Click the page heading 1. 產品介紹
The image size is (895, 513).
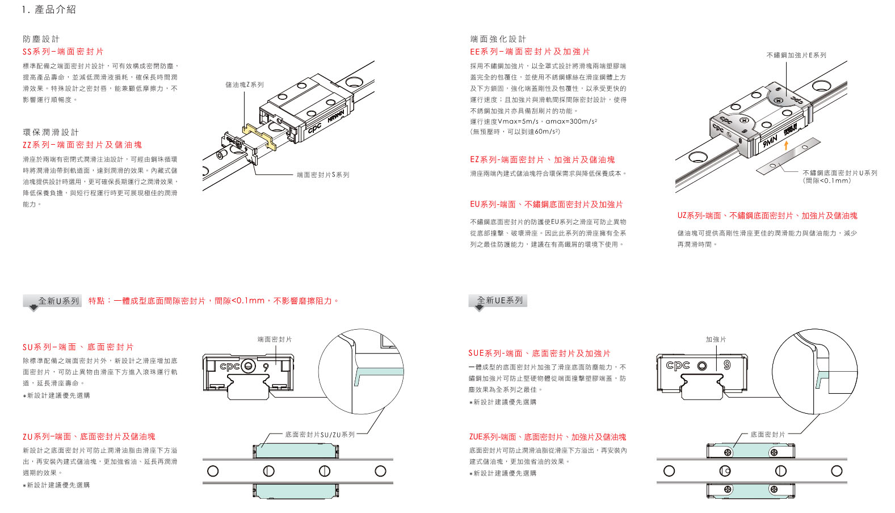pyautogui.click(x=49, y=10)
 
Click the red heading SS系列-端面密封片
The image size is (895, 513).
pyautogui.click(x=63, y=52)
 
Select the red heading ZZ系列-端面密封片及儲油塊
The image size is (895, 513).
pyautogui.click(x=82, y=145)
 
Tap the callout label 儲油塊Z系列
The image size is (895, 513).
pyautogui.click(x=245, y=85)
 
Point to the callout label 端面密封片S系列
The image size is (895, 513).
pyautogui.click(x=323, y=175)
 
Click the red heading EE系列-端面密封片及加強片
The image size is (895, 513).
pyautogui.click(x=530, y=52)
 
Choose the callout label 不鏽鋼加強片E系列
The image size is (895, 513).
pyautogui.click(x=796, y=55)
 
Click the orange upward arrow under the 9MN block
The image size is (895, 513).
pyautogui.click(x=786, y=145)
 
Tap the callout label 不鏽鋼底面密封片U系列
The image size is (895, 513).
pyautogui.click(x=839, y=173)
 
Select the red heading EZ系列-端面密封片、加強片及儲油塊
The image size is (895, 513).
pyautogui.click(x=542, y=160)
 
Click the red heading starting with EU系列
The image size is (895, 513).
pyautogui.click(x=546, y=204)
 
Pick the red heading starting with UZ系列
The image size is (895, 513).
pyautogui.click(x=767, y=216)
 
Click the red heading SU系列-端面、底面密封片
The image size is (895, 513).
pyautogui.click(x=78, y=347)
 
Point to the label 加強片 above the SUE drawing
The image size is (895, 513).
pyautogui.click(x=716, y=339)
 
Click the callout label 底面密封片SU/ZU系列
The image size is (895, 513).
pyautogui.click(x=320, y=435)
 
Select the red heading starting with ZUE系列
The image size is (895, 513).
pyautogui.click(x=548, y=437)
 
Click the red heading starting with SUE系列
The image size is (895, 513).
pyautogui.click(x=539, y=354)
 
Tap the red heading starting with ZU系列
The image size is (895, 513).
pyautogui.click(x=89, y=437)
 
